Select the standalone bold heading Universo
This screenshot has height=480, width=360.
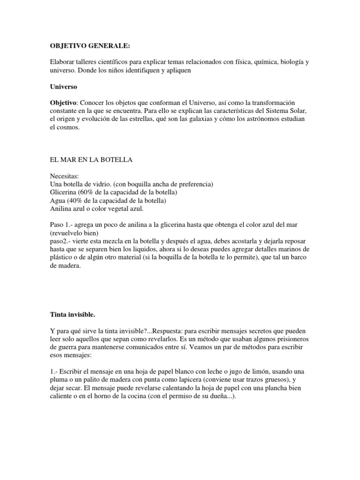64,87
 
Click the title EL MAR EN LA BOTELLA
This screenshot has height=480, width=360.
91,160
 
